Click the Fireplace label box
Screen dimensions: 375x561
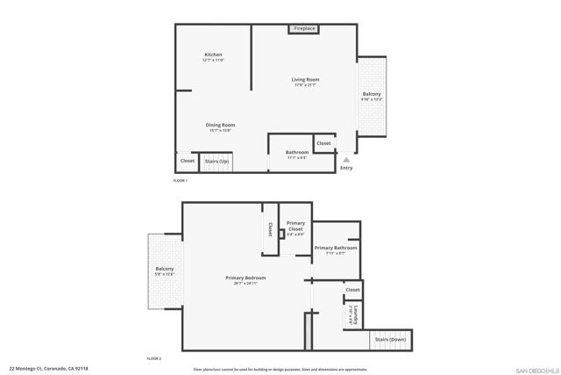point(305,29)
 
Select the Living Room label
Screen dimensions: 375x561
point(305,82)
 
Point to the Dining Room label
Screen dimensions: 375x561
point(220,126)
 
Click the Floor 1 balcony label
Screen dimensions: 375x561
point(372,96)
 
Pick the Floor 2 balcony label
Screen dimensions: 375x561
point(165,270)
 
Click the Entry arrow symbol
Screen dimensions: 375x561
point(346,160)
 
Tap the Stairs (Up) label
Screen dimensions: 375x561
point(217,162)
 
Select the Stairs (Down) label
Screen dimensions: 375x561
point(390,339)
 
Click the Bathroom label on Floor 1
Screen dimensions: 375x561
point(297,154)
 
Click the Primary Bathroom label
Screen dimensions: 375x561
point(336,249)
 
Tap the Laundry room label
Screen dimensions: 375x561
point(353,314)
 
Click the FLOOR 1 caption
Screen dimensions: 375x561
point(181,180)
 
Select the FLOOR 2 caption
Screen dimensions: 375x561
point(153,359)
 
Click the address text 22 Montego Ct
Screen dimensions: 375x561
point(48,369)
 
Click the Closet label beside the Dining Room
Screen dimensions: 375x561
point(187,161)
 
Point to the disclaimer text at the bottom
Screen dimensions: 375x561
point(280,370)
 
